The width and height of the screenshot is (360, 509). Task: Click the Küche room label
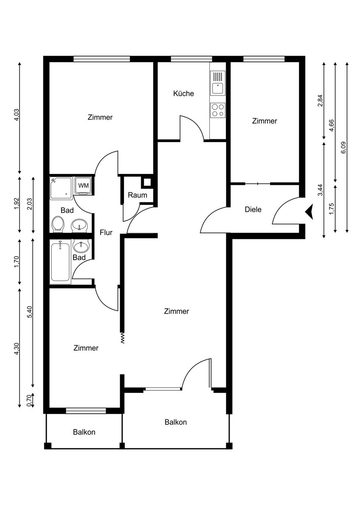tap(183, 93)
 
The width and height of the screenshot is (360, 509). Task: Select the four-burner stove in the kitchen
tap(218, 110)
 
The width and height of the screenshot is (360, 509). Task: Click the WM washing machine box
tap(83, 185)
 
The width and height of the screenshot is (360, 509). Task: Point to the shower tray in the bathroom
tap(61, 188)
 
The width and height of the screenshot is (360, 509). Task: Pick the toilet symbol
tap(58, 224)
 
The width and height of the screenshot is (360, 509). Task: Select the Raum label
tap(138, 195)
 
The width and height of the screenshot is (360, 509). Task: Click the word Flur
tap(106, 232)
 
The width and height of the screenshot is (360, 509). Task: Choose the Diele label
tap(253, 209)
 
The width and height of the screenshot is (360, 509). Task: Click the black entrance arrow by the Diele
tap(309, 211)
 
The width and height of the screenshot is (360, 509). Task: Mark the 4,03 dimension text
tap(17, 115)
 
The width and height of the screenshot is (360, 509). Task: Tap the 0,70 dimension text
tap(29, 401)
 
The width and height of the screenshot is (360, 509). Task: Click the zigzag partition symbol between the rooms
tap(123, 338)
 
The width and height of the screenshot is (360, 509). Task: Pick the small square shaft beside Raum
tap(147, 183)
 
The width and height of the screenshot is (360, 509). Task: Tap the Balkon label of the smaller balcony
tap(84, 432)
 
